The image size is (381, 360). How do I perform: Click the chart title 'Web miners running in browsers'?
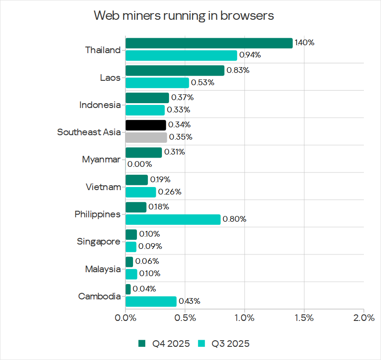point(184,16)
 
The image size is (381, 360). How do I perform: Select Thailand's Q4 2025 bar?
point(209,43)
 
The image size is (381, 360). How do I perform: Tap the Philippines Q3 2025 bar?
point(173,219)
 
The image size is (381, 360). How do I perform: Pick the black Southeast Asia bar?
point(146,125)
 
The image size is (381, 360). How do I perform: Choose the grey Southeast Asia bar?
point(146,137)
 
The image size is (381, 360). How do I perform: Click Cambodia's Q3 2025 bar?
point(151,301)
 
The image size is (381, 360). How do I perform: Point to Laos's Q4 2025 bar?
point(175,70)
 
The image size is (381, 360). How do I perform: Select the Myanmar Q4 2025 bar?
point(144,152)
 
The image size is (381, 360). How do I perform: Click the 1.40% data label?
point(305,43)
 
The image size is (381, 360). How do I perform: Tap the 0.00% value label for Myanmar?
point(140,164)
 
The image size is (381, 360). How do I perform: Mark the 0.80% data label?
point(234,219)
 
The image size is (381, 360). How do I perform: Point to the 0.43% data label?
point(189,301)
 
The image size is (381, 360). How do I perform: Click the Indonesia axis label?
point(100,105)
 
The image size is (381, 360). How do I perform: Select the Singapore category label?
point(98,241)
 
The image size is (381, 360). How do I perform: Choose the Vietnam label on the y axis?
point(103,187)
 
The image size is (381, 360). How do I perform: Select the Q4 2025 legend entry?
point(165,344)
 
